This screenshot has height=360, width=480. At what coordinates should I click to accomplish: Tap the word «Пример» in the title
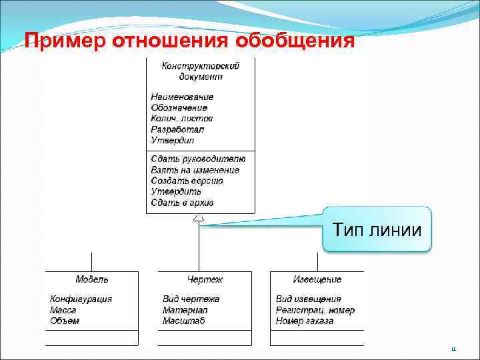(x=66, y=42)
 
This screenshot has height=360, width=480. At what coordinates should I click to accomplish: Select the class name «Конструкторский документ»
(x=200, y=71)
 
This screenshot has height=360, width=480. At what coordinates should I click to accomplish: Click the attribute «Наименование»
(x=182, y=97)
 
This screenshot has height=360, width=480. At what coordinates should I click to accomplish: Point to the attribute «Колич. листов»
(x=181, y=119)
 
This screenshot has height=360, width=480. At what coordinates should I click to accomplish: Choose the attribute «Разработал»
(x=177, y=129)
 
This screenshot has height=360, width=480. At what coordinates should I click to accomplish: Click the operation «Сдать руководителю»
(x=198, y=159)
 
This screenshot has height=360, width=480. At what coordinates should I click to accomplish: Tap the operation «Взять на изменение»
(x=195, y=170)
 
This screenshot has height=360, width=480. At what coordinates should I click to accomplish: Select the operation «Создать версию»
(x=187, y=181)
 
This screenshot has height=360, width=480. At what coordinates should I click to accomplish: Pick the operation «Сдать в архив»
(x=182, y=203)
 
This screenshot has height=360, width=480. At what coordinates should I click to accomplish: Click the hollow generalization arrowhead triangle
(x=198, y=219)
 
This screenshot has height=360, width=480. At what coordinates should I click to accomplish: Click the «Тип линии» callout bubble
(x=377, y=229)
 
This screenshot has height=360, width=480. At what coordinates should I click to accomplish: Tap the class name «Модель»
(x=91, y=279)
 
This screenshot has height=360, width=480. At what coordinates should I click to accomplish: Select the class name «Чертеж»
(x=205, y=279)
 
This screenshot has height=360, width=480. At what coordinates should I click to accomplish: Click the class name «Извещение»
(x=317, y=279)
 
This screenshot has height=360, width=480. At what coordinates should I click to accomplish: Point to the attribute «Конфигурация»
(x=81, y=299)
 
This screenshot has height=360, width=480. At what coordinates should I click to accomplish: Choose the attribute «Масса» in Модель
(x=63, y=310)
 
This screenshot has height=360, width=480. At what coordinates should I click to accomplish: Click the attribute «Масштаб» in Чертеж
(x=183, y=321)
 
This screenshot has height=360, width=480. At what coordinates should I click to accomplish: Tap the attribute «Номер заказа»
(x=305, y=321)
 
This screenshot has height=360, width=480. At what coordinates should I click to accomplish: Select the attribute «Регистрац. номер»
(x=315, y=310)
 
